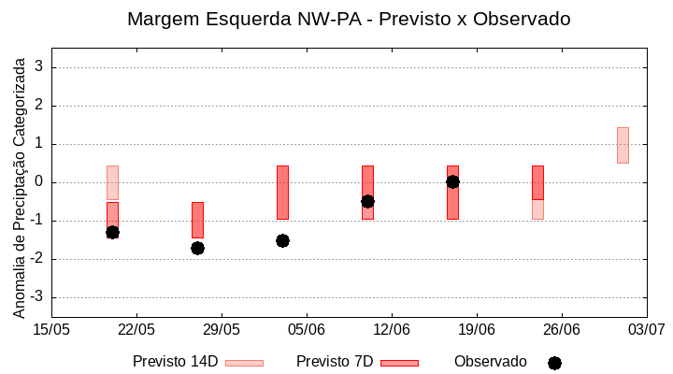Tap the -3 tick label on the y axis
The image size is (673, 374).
click(x=36, y=297)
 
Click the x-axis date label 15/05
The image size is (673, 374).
click(x=51, y=329)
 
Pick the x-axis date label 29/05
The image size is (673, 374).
click(x=222, y=329)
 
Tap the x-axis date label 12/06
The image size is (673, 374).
click(x=392, y=329)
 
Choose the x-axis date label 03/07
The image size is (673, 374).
click(x=646, y=329)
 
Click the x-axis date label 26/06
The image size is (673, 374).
click(x=561, y=329)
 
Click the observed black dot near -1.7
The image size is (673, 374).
click(x=197, y=248)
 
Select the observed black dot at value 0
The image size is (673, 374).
click(x=452, y=181)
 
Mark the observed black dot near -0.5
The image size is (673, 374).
click(x=367, y=201)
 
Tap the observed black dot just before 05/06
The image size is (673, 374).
click(x=282, y=240)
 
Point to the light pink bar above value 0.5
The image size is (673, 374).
click(x=623, y=145)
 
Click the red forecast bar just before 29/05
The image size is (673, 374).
click(x=197, y=220)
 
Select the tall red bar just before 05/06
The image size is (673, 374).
click(x=282, y=192)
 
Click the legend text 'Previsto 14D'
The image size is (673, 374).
click(x=175, y=362)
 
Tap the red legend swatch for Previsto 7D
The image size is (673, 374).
click(x=399, y=363)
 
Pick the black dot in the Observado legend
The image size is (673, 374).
click(x=554, y=363)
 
